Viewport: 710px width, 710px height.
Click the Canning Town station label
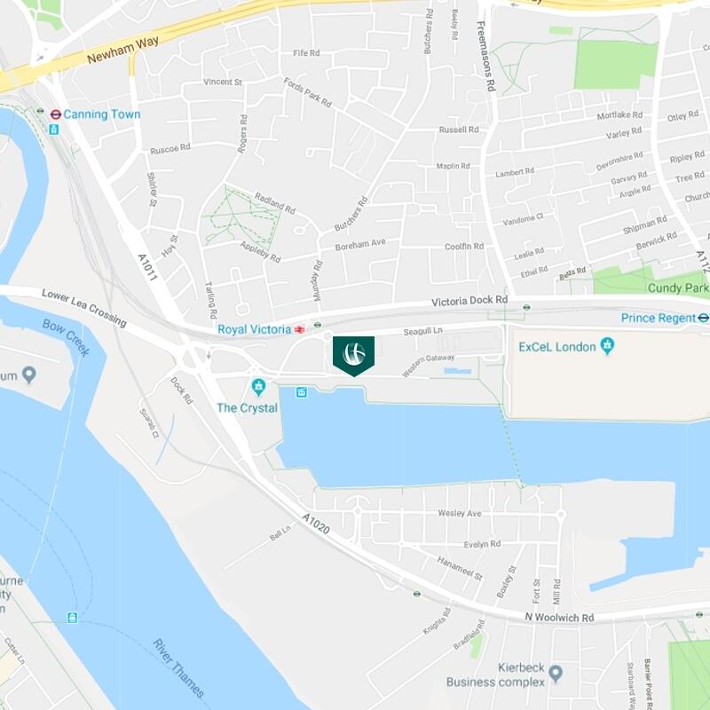click(x=103, y=114)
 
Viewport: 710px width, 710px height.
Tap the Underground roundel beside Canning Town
click(x=55, y=114)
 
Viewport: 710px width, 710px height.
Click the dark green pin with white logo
click(x=353, y=354)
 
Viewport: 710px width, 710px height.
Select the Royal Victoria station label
click(x=254, y=329)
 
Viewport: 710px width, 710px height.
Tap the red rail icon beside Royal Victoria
click(x=301, y=329)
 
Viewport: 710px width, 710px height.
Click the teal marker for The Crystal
click(x=258, y=387)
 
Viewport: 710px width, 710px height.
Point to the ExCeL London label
click(x=556, y=347)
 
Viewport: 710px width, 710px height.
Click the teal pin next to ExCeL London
click(x=607, y=346)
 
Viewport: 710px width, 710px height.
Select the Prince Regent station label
click(x=658, y=318)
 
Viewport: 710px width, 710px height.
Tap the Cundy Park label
click(x=678, y=288)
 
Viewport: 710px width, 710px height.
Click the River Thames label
click(x=177, y=667)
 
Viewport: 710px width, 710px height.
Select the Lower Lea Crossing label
click(x=84, y=306)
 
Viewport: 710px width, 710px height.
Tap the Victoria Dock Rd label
click(x=469, y=301)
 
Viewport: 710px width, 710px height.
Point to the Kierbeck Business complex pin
click(x=556, y=674)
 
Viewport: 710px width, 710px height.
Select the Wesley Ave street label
click(x=459, y=514)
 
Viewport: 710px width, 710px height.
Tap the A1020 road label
click(x=315, y=523)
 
